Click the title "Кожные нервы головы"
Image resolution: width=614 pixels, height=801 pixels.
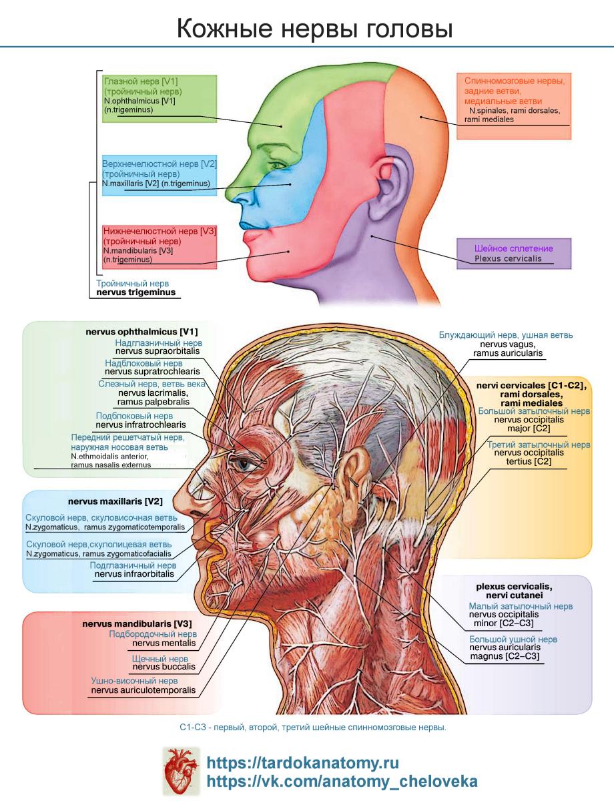click(x=315, y=29)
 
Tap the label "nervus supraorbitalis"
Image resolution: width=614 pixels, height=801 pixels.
click(x=158, y=351)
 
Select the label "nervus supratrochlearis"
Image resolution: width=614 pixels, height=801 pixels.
click(x=153, y=371)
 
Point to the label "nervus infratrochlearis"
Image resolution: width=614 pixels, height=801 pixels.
click(x=141, y=425)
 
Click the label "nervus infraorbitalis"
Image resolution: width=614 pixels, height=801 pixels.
click(x=134, y=573)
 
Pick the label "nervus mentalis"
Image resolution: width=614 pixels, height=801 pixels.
click(x=164, y=643)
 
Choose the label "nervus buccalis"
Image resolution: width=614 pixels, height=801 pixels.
click(x=164, y=666)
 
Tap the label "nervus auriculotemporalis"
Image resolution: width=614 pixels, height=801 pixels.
click(x=143, y=690)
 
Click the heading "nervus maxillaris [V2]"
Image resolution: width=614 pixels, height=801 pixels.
click(x=115, y=501)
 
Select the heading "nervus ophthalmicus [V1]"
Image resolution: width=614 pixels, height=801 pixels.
click(x=141, y=332)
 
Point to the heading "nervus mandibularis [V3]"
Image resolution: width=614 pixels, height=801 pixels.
click(x=137, y=623)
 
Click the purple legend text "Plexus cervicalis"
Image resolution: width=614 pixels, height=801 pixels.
click(x=508, y=258)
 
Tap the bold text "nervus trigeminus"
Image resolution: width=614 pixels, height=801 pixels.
click(x=136, y=292)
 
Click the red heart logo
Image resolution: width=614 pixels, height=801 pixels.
click(x=182, y=771)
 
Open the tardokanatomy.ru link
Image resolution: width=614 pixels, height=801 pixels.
click(x=302, y=763)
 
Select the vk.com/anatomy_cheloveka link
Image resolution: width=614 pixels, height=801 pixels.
click(x=342, y=782)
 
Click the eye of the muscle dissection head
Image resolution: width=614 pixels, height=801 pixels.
click(x=244, y=464)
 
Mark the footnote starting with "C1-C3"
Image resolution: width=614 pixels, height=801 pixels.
click(x=313, y=728)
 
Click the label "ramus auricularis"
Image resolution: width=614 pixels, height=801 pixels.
click(x=508, y=353)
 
